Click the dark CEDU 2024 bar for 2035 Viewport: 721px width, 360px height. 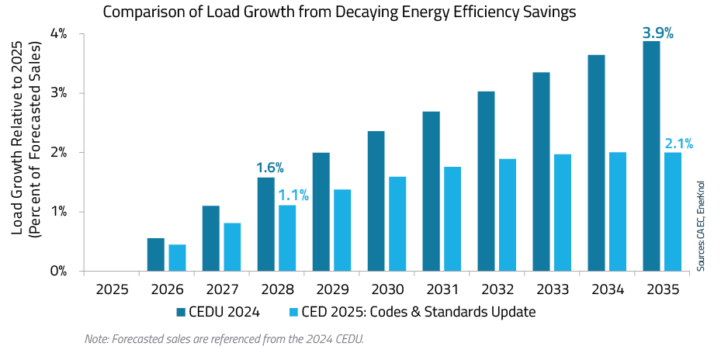pyautogui.click(x=650, y=156)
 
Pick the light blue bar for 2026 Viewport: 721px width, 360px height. pyautogui.click(x=177, y=258)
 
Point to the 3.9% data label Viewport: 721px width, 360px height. pyautogui.click(x=657, y=33)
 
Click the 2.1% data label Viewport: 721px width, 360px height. pyautogui.click(x=678, y=144)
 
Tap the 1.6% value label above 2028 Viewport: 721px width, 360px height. pyautogui.click(x=270, y=168)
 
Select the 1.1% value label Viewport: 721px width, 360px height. pyautogui.click(x=293, y=196)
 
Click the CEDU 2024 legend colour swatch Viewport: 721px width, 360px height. pyautogui.click(x=181, y=312)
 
